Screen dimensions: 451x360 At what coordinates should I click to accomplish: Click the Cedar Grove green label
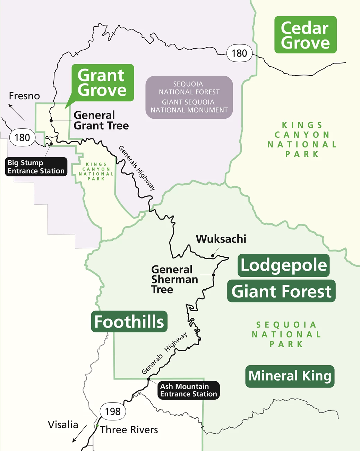pos(305,35)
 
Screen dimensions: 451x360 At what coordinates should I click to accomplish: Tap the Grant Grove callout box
pos(102,83)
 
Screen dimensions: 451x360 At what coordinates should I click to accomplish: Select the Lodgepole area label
pos(283,265)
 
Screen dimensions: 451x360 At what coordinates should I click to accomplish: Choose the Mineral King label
pos(290,376)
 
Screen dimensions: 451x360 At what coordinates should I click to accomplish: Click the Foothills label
pos(129,322)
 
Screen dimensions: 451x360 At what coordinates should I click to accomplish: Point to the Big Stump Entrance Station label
pos(36,167)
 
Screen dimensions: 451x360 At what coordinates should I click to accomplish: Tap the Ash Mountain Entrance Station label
pos(188,390)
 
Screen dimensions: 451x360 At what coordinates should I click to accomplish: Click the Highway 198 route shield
pos(113,411)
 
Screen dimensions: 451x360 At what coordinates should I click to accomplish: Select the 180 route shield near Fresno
pos(22,138)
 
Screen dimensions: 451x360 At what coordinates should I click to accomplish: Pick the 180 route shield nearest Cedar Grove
pos(239,53)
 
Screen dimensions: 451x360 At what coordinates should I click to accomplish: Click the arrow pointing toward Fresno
pos(16,112)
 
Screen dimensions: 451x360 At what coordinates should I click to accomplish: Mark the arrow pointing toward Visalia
pos(79,434)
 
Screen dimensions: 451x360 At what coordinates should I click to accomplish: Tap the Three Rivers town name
pos(129,430)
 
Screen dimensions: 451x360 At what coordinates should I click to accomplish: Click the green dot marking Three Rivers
pos(97,426)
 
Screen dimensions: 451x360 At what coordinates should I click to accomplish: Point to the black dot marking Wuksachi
pos(213,256)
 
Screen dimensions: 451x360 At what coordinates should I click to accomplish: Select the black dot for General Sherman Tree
pos(213,275)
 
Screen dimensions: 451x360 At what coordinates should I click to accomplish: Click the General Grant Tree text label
pos(101,120)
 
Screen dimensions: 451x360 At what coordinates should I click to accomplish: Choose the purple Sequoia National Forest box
pos(189,97)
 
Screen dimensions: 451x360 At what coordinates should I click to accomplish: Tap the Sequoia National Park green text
pos(286,334)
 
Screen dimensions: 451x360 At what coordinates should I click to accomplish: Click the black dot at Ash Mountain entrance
pos(148,379)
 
